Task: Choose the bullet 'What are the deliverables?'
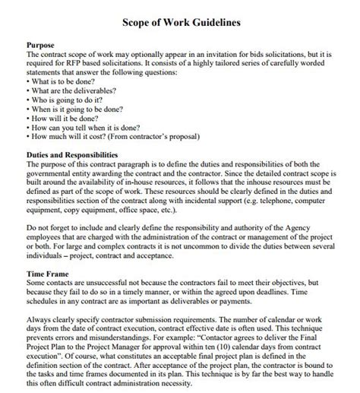pos(69,89)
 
